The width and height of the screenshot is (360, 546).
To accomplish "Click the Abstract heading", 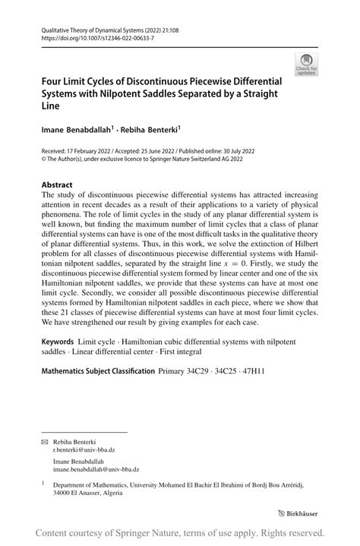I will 57,185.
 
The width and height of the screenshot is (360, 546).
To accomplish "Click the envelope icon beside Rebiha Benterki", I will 44,441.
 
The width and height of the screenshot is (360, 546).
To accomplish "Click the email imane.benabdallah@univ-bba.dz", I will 95,469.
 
